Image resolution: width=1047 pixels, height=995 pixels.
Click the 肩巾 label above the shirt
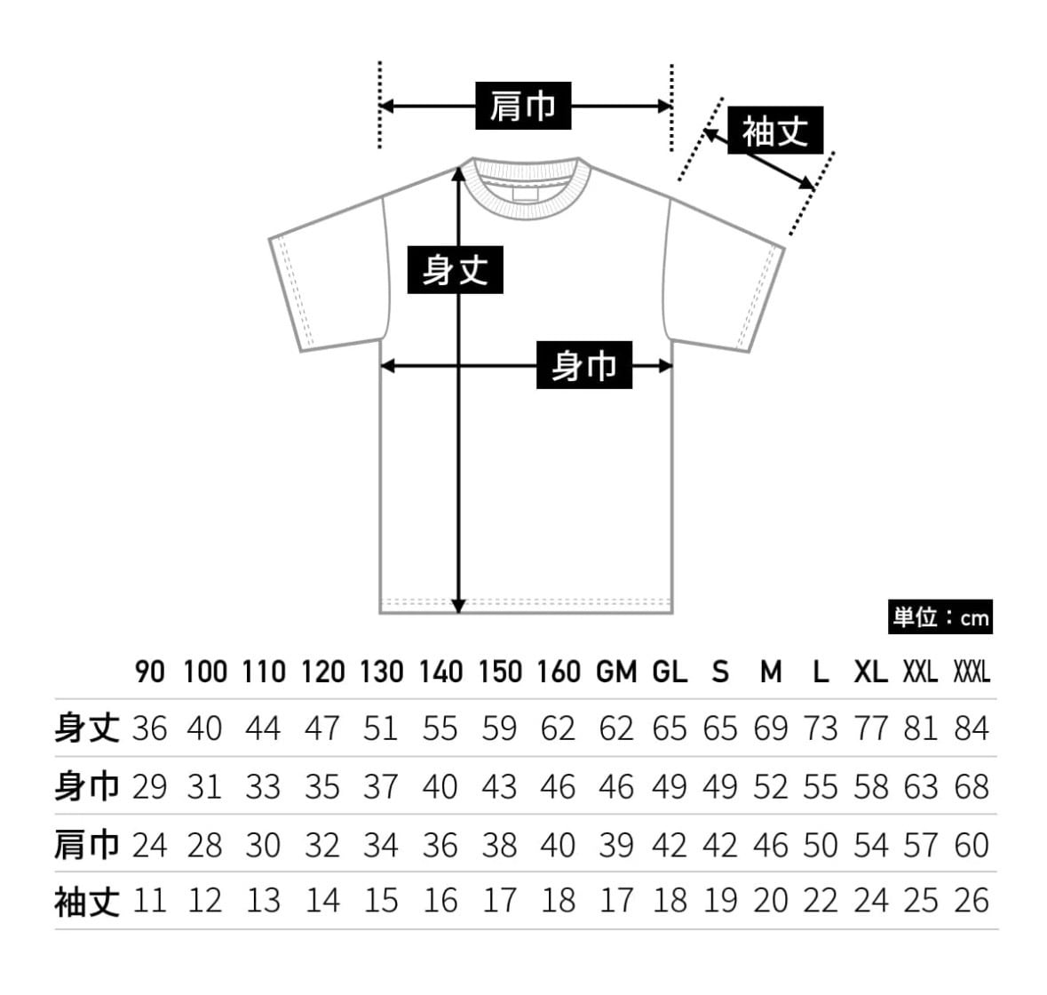[x=522, y=106]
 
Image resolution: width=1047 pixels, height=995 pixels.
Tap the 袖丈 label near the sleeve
[x=774, y=131]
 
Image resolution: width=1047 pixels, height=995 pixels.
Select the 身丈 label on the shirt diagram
[x=455, y=269]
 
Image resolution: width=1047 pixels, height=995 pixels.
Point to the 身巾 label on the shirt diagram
[x=583, y=365]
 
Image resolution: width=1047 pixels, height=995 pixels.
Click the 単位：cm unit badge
[x=940, y=617]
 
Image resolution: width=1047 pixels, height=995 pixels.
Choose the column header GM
[x=616, y=672]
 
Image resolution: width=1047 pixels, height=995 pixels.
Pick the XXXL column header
[x=971, y=672]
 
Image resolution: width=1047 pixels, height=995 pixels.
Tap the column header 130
[x=381, y=672]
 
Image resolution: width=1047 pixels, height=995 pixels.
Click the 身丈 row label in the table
[x=86, y=728]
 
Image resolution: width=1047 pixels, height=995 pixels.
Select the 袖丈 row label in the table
[x=86, y=901]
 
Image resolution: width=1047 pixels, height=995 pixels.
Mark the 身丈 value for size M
[x=770, y=728]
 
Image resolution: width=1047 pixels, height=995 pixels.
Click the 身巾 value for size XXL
[x=921, y=786]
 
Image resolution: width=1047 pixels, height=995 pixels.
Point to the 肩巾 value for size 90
[x=149, y=844]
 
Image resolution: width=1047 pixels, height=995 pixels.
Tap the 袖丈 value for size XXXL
[x=972, y=901]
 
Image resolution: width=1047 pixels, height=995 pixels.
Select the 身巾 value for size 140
[x=440, y=786]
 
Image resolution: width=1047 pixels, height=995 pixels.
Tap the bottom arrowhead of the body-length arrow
[x=458, y=606]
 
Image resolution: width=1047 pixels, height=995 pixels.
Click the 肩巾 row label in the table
[x=86, y=844]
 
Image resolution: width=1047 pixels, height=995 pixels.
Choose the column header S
[x=720, y=672]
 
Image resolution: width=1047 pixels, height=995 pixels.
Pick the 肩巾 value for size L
[x=821, y=844]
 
